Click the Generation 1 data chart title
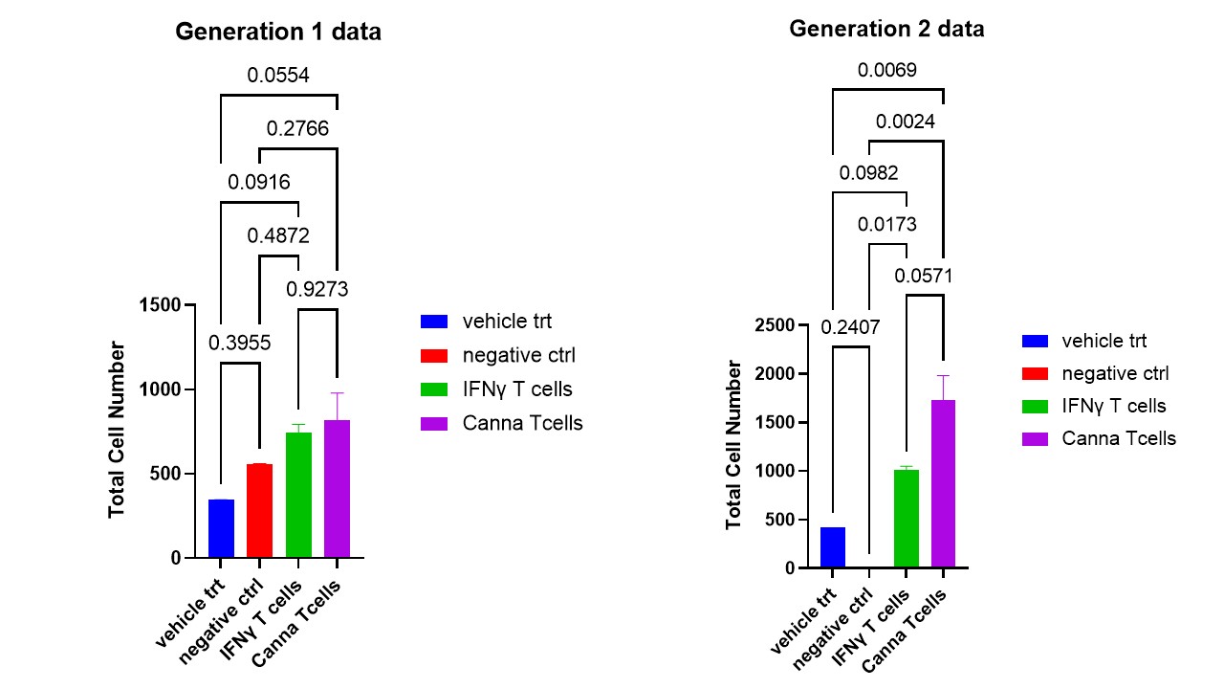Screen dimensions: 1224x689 pos(278,32)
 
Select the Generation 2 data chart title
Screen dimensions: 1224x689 pos(886,29)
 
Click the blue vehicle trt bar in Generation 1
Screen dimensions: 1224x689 pos(221,528)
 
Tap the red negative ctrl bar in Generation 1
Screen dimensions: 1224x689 pos(259,511)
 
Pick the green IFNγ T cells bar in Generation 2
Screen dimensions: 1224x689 pos(907,519)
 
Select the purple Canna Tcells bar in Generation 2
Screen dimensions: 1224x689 pos(944,484)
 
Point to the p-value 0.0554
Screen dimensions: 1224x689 pos(278,75)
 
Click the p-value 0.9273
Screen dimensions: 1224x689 pos(317,289)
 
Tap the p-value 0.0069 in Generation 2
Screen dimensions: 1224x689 pos(886,70)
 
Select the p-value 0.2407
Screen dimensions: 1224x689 pos(850,327)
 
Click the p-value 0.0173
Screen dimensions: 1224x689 pos(886,224)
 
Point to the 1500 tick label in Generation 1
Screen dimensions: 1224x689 pos(160,305)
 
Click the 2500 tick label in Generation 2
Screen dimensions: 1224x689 pos(775,325)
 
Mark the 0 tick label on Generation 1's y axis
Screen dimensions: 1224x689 pos(176,558)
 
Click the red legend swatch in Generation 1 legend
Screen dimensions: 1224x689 pos(434,356)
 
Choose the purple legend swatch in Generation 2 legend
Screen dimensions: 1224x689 pos(1035,439)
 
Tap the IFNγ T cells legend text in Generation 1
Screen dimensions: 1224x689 pos(517,389)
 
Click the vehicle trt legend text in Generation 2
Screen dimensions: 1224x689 pos(1104,342)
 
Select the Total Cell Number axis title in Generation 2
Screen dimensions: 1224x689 pos(733,445)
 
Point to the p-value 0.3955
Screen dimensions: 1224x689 pos(239,343)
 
